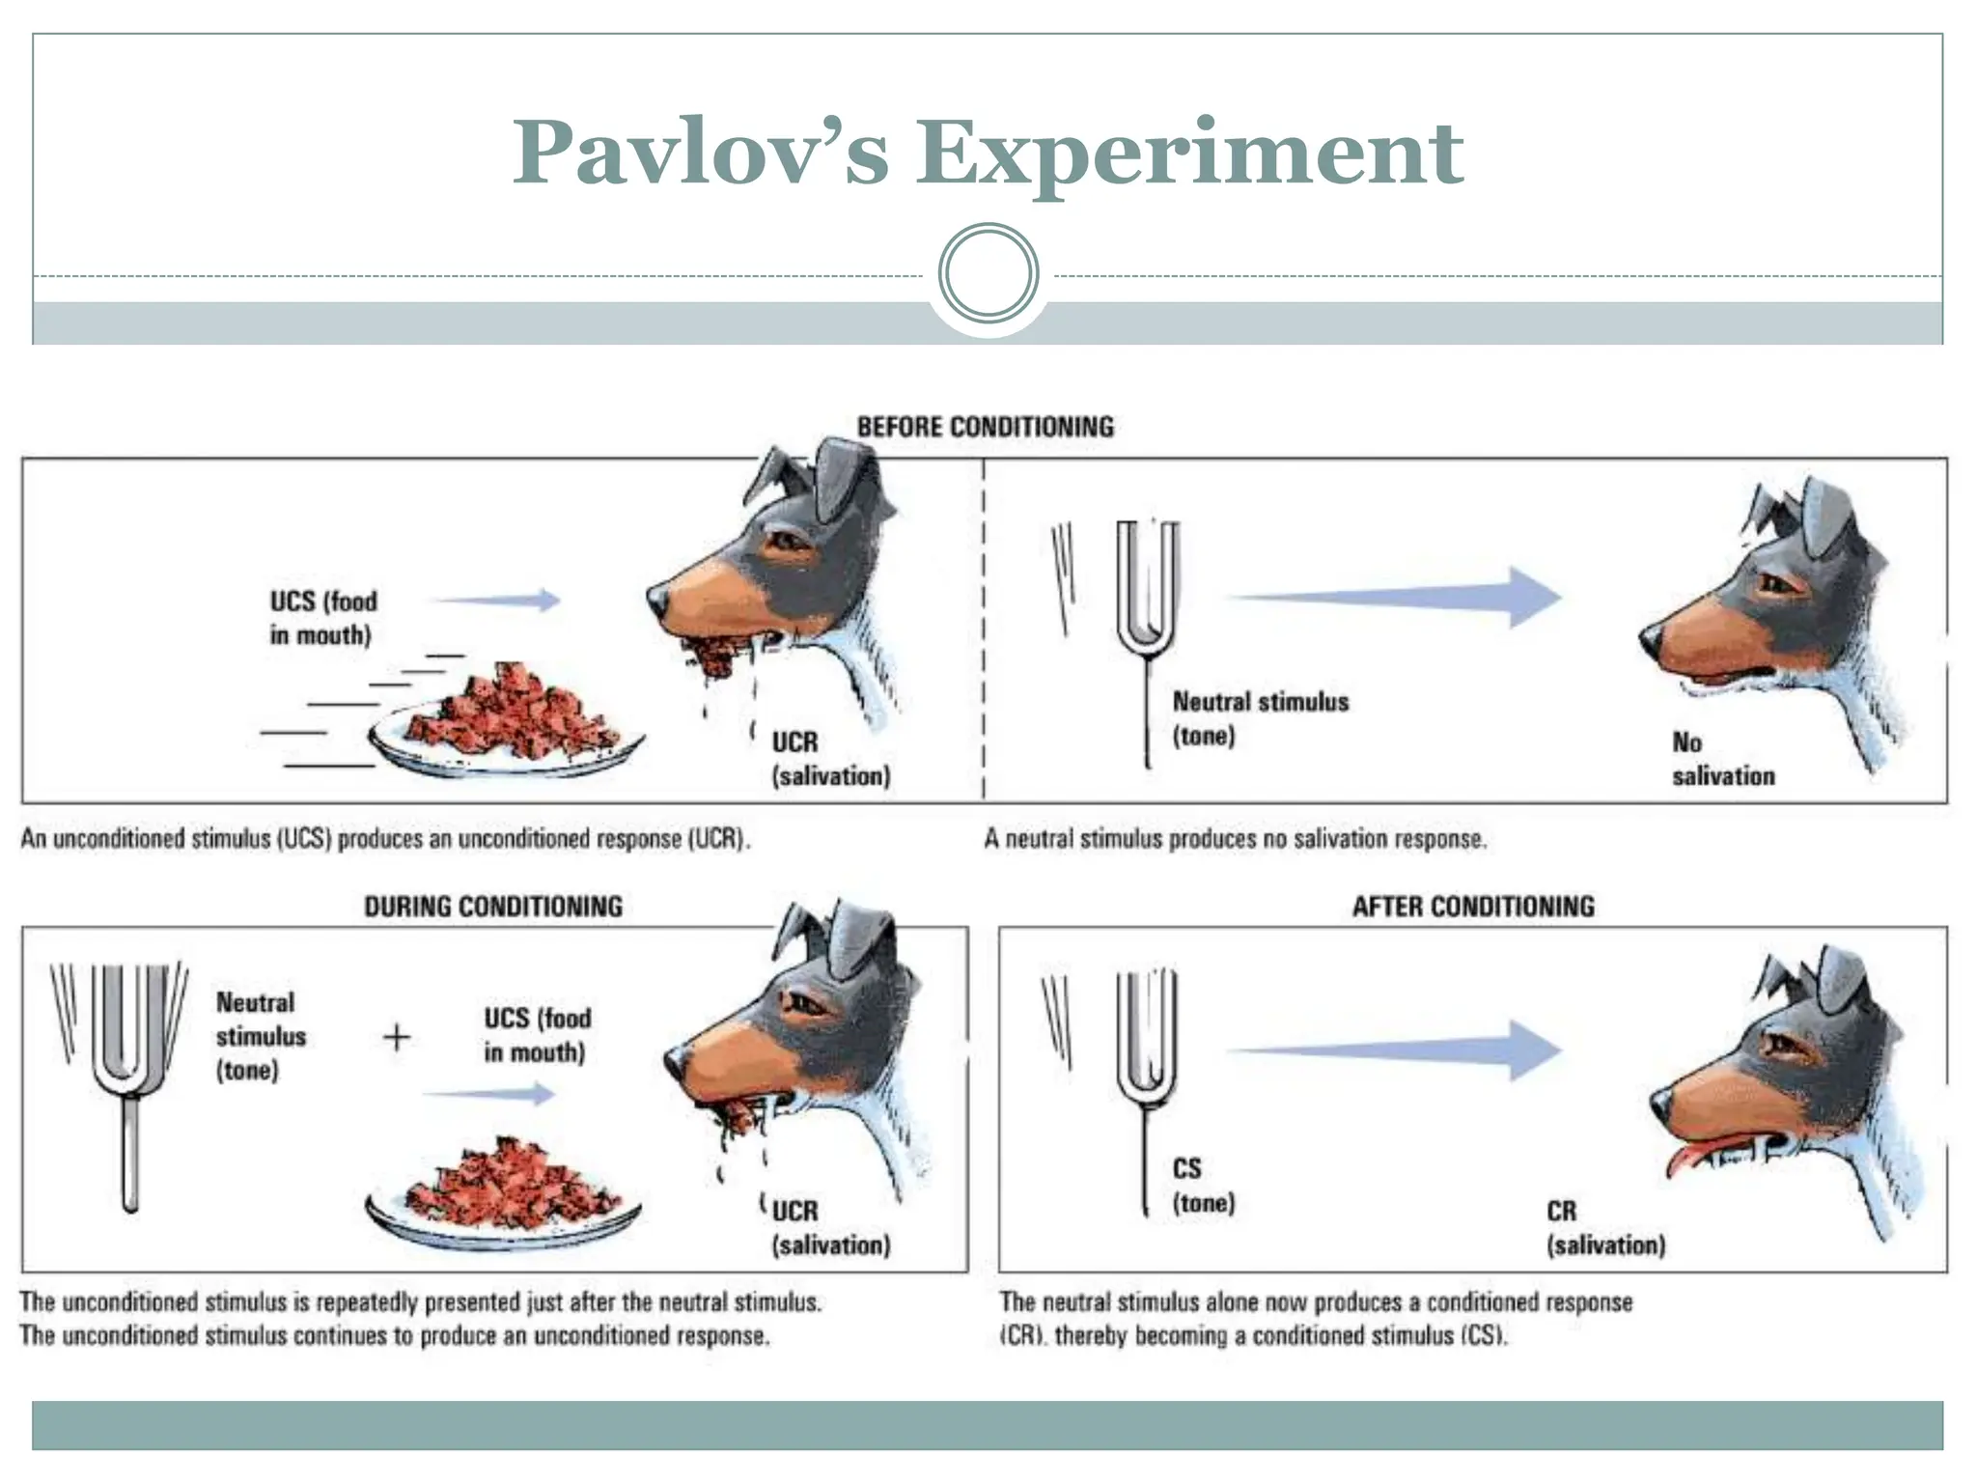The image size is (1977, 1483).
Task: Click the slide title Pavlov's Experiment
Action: tap(988, 152)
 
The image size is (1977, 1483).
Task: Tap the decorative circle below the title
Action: tap(988, 273)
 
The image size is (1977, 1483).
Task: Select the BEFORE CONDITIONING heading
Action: tap(986, 427)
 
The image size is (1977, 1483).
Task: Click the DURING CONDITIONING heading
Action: tap(493, 907)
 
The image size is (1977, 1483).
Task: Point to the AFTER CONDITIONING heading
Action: tap(1473, 907)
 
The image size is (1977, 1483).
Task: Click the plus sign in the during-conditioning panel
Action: tap(397, 1038)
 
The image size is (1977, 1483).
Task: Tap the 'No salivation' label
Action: tap(1723, 759)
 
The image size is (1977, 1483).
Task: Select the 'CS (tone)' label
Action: tap(1203, 1186)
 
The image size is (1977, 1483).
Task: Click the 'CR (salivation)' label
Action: tap(1605, 1228)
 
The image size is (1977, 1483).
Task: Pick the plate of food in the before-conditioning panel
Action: tap(507, 724)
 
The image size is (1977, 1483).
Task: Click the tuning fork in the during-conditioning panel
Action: tap(130, 1072)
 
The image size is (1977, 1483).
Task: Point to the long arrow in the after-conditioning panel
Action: tap(1400, 1049)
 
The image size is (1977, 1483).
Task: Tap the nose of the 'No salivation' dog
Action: tap(1650, 639)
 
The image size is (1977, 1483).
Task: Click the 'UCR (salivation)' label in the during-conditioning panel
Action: tap(830, 1228)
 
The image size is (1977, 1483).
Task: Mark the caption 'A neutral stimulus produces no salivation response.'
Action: tap(1235, 839)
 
